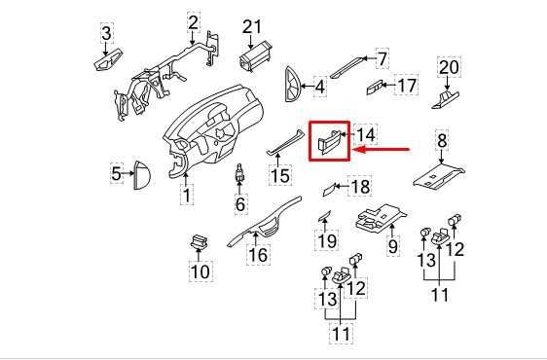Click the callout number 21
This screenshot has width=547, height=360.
tap(253, 26)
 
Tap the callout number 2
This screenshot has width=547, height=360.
tap(193, 21)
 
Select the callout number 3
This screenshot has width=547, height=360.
tap(106, 36)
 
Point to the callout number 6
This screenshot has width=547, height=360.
tap(239, 205)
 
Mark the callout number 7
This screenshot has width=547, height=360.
tap(383, 57)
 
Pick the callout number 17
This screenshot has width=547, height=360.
tap(406, 86)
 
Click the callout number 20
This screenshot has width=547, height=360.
tap(448, 67)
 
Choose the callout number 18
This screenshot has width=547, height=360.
tap(360, 186)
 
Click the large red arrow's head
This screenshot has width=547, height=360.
tap(354, 150)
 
